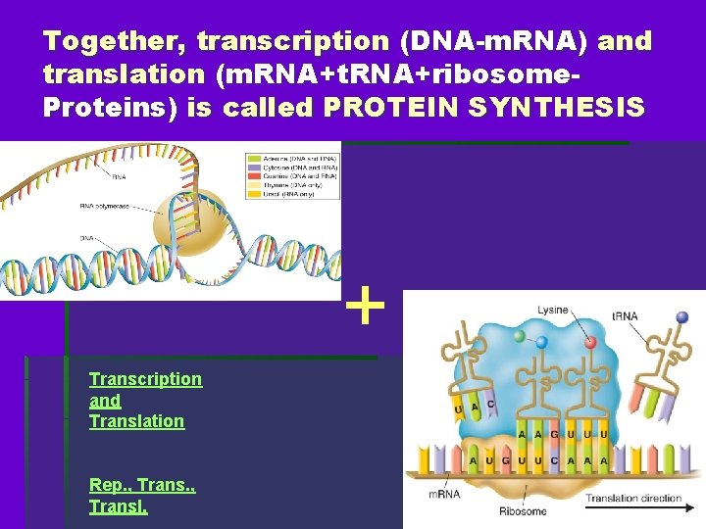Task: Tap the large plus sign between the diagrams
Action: point(366,306)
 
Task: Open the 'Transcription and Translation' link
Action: point(145,400)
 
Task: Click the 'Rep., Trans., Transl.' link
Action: point(141,495)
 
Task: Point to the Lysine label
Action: point(551,310)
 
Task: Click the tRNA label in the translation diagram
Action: point(627,316)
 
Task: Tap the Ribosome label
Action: point(524,509)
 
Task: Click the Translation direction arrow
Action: point(632,499)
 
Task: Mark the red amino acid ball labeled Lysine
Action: point(590,342)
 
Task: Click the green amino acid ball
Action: point(518,336)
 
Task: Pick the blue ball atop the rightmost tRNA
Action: point(683,317)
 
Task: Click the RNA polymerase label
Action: point(103,206)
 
